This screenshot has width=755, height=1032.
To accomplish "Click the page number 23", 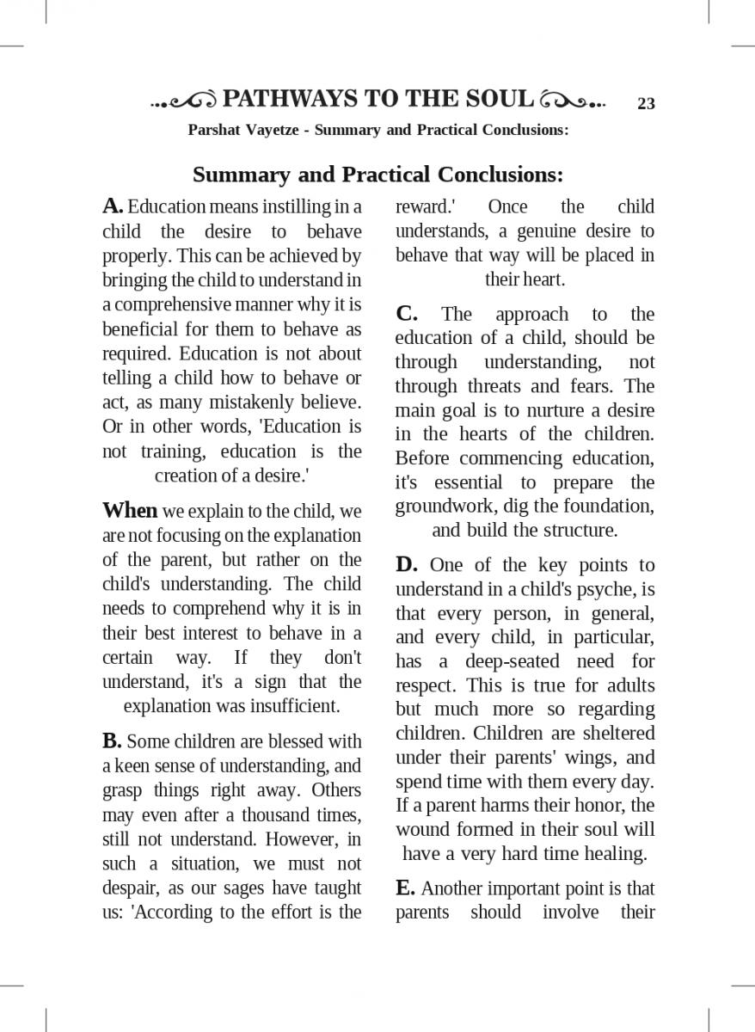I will click(646, 104).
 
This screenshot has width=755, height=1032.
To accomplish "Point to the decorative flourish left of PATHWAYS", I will click(185, 101).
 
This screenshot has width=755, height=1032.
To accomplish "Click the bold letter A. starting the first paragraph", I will click(114, 206).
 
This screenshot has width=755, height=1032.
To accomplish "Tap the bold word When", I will click(130, 511).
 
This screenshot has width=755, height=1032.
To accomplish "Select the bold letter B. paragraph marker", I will click(112, 740).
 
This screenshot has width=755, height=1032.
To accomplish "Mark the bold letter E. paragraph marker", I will click(405, 888).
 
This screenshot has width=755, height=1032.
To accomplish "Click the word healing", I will click(615, 854).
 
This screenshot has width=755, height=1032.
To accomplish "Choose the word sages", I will click(247, 888).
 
